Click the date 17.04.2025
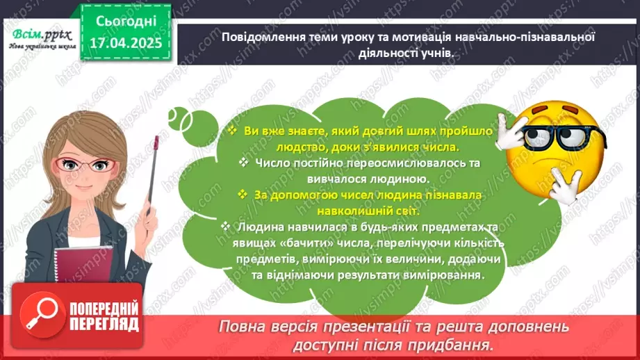[x=126, y=42]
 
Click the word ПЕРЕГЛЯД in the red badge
[x=104, y=325]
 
